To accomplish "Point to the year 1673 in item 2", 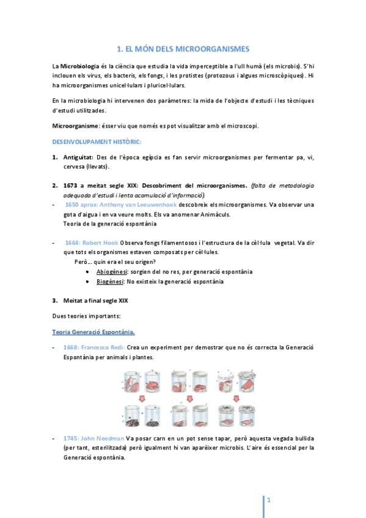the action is pos(71,185).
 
